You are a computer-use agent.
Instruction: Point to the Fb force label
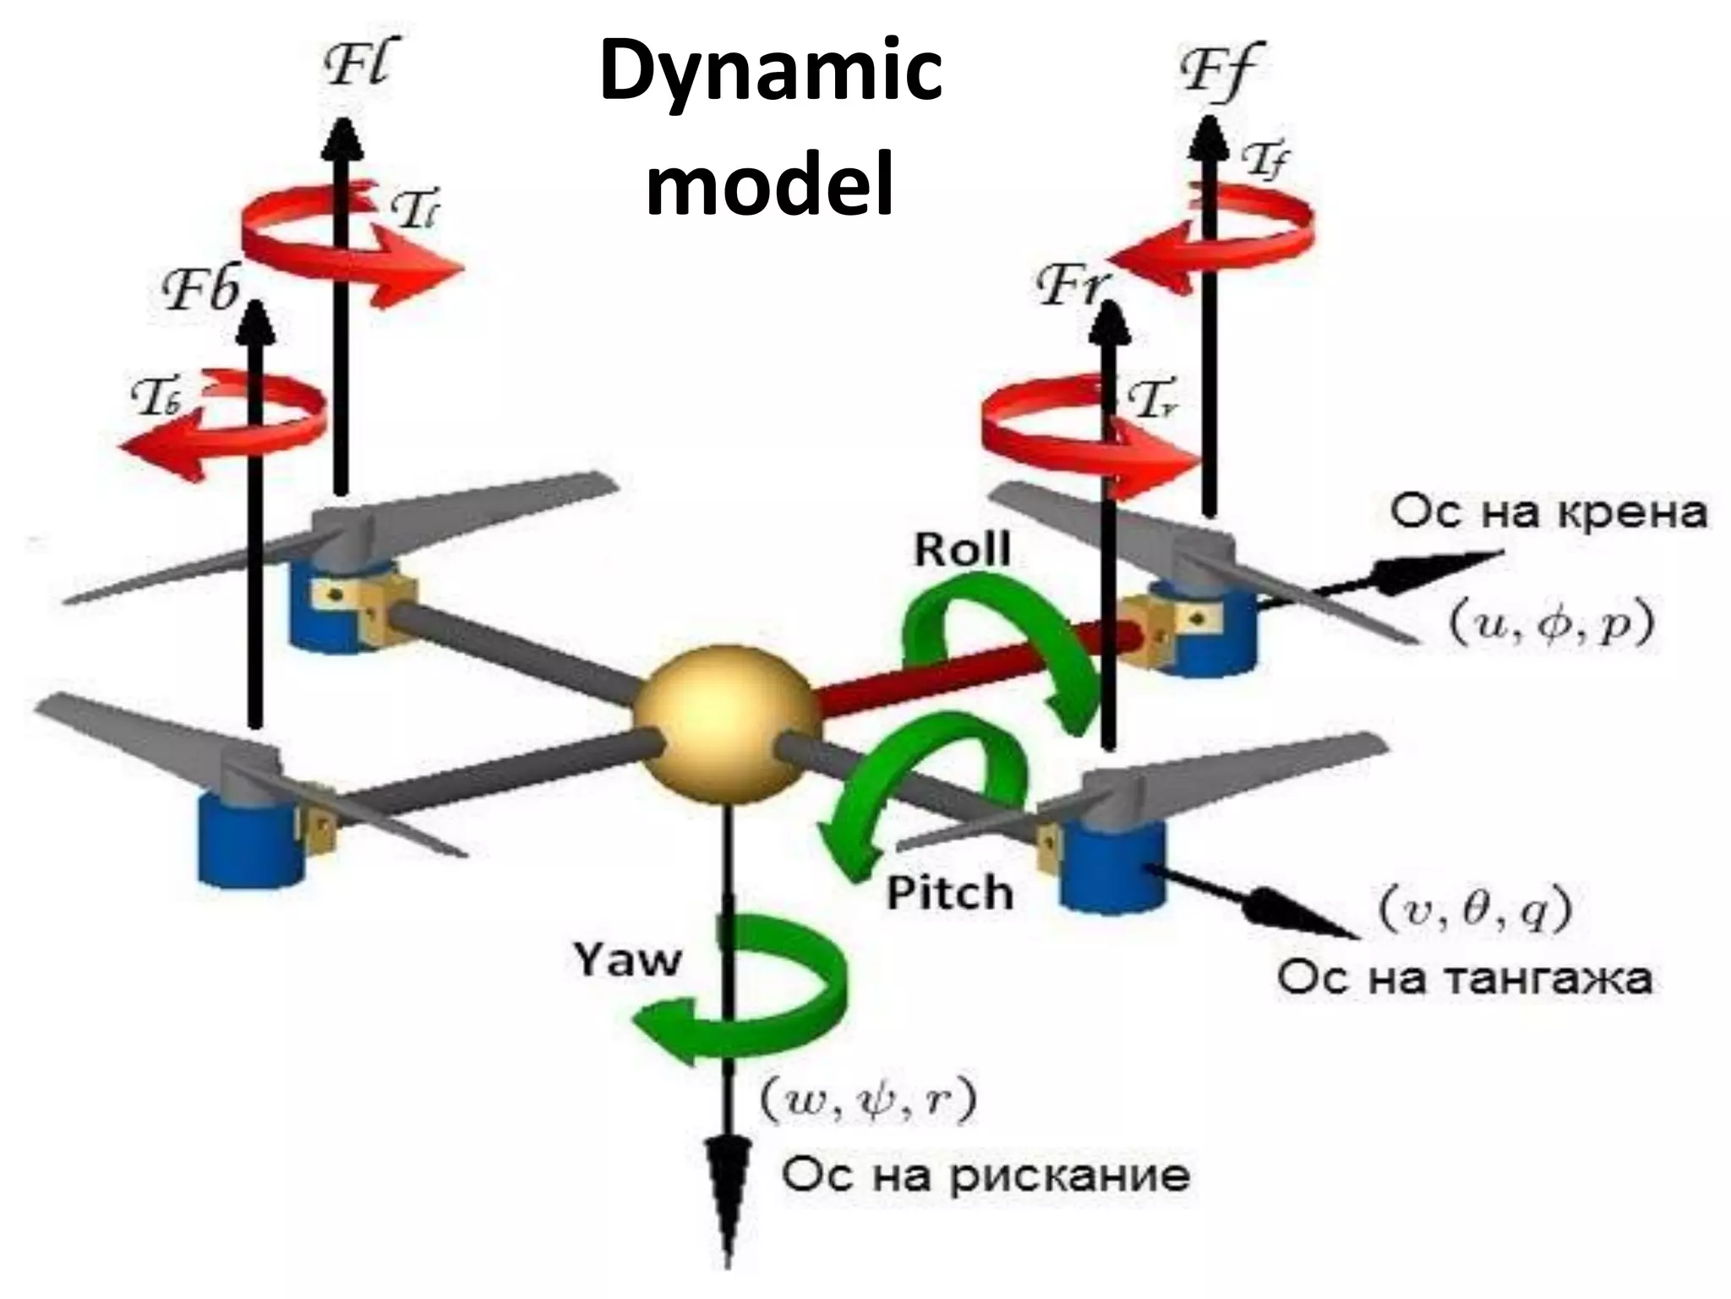[x=201, y=290]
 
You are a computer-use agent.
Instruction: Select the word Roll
[x=962, y=551]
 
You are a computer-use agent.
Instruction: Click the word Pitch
[x=949, y=893]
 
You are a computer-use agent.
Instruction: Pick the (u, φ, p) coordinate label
[x=1552, y=625]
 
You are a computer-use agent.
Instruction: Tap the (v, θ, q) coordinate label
[x=1475, y=910]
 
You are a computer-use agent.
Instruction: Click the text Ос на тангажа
[x=1464, y=978]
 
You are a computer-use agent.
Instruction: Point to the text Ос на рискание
[x=986, y=1176]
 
